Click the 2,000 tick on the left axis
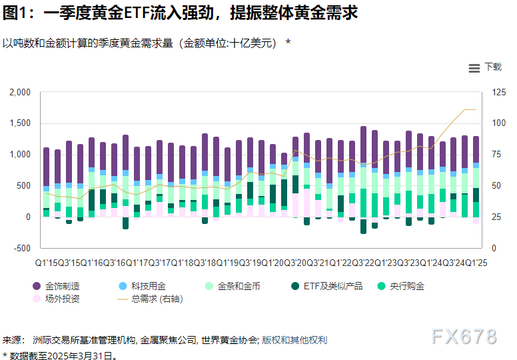20,92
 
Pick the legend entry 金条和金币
239,286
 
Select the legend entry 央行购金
406,286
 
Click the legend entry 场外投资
62,299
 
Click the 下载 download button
492,67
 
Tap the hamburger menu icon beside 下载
474,68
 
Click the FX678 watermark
464,337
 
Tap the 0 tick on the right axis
495,248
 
